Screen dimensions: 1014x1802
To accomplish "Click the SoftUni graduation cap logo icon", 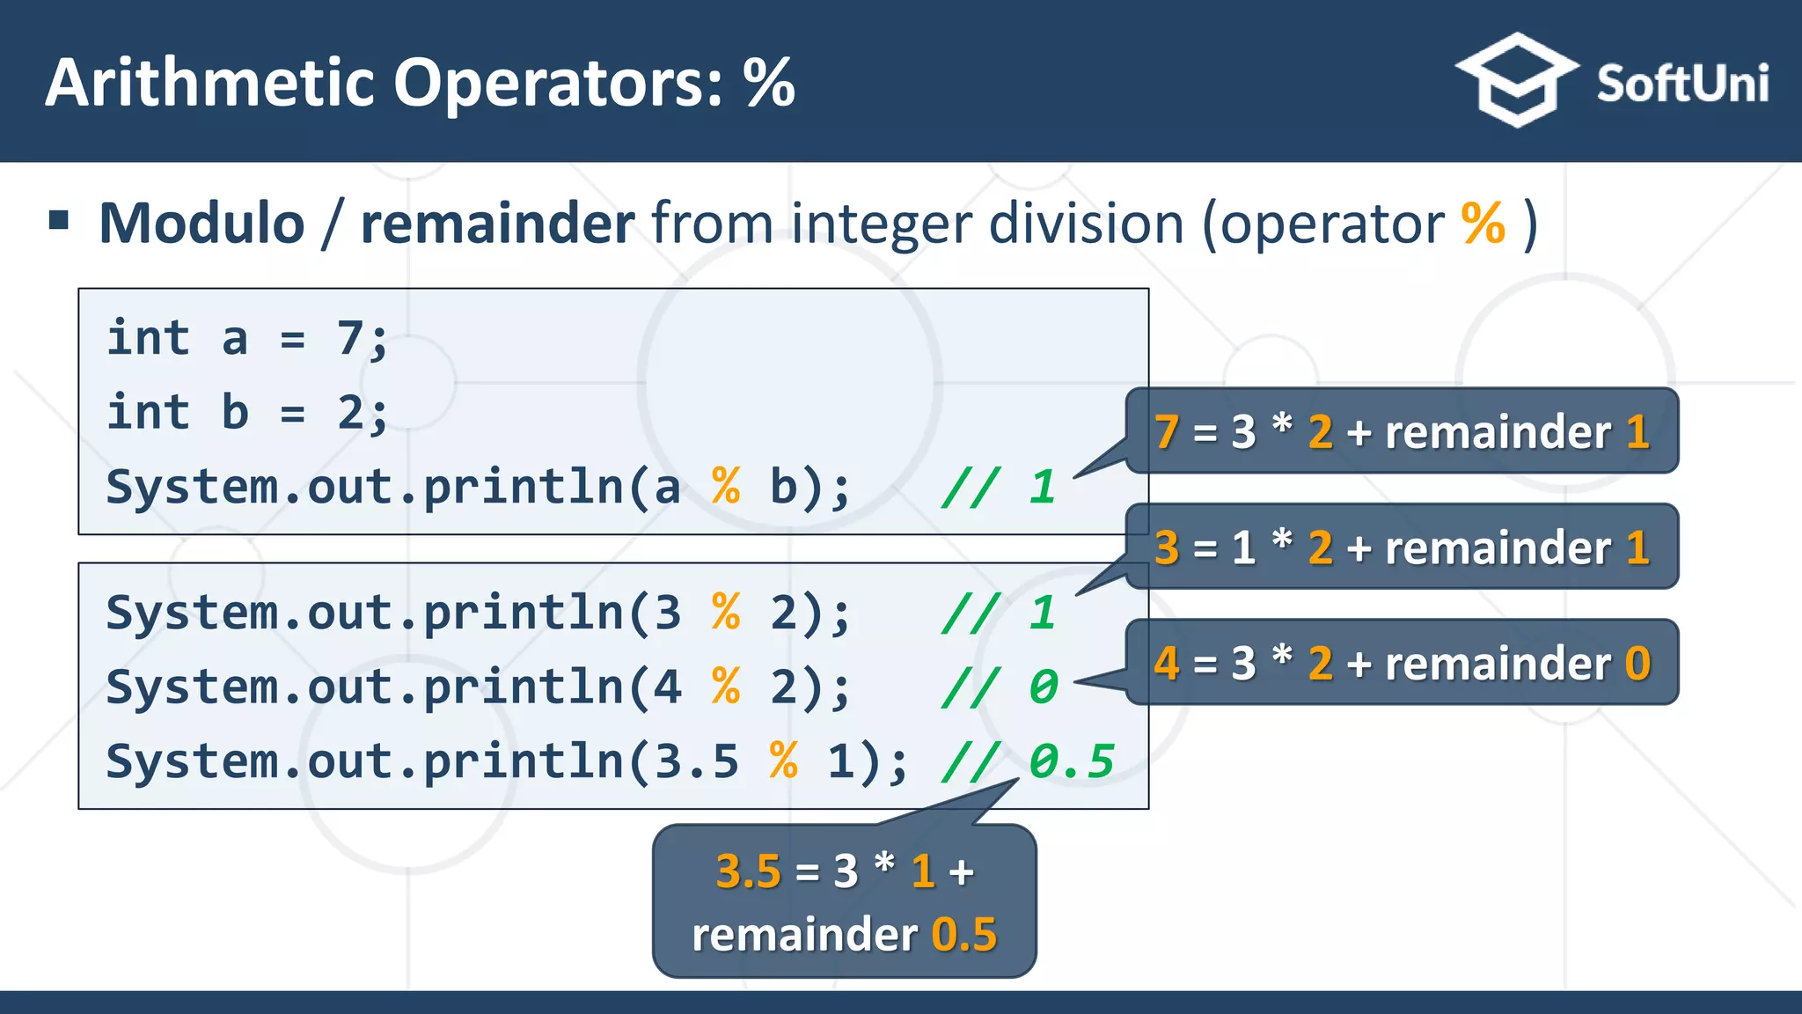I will pos(1516,81).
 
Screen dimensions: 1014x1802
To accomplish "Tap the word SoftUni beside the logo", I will pos(1681,84).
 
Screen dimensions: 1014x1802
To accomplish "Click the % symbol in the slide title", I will pos(768,84).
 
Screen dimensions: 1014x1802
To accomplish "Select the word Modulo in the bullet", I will pos(201,224).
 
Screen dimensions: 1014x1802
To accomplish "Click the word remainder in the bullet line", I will pos(497,224).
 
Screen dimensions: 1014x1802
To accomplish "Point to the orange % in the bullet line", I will pos(1483,224).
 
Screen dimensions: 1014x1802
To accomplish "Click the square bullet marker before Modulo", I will pos(59,220).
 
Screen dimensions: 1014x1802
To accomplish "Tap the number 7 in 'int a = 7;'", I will pos(350,338).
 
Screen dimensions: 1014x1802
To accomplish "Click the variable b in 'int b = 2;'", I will pos(235,412).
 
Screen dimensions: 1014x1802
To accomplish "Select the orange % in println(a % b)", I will pos(726,487).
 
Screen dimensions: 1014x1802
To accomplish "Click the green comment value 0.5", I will pos(1072,761).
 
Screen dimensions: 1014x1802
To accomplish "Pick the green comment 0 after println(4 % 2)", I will pos(1044,687).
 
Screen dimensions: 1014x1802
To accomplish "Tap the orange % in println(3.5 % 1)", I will pos(783,761).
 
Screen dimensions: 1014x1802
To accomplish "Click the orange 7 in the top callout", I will pos(1167,432).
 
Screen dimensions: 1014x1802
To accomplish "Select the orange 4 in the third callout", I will pos(1167,664).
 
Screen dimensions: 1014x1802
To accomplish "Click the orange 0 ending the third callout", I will pos(1637,664).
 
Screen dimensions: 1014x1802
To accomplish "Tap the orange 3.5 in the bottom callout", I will pos(748,872).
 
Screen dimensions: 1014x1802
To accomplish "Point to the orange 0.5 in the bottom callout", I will pos(964,935).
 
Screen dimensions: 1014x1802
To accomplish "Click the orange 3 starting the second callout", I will pos(1167,548).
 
